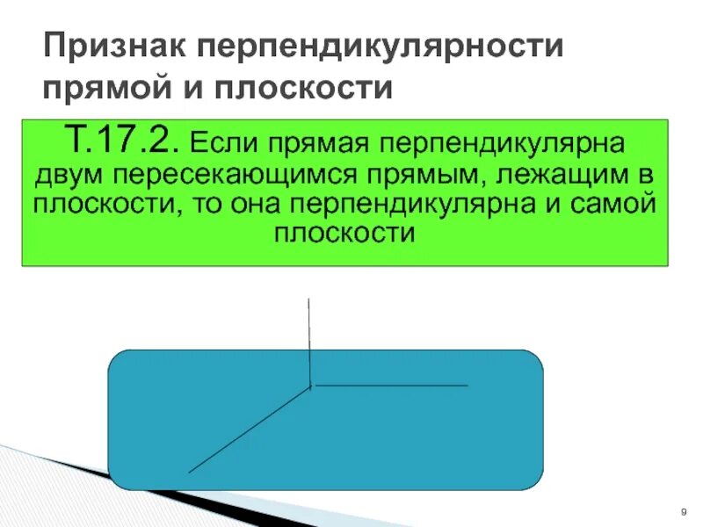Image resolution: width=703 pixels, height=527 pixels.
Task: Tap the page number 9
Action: tap(683, 512)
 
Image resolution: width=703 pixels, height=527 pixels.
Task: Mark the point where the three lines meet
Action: tap(310, 386)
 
